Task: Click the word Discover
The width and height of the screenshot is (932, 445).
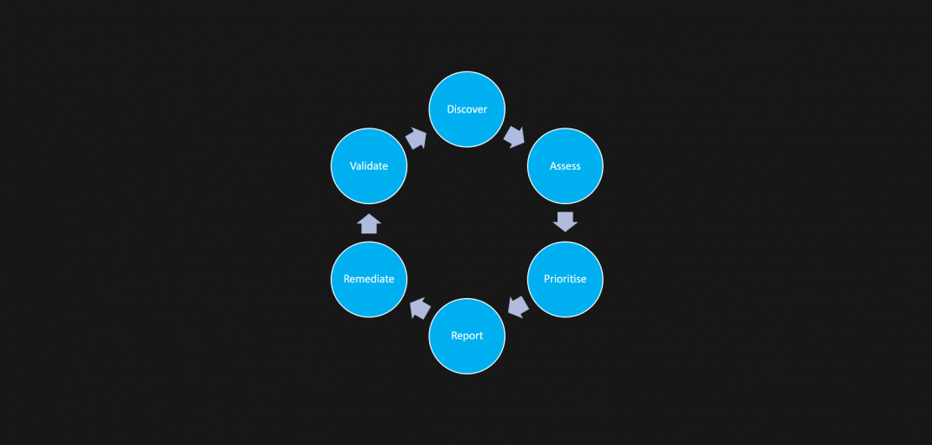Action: (x=467, y=109)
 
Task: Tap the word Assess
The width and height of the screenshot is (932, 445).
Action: (x=565, y=165)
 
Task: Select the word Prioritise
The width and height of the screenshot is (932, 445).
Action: (x=565, y=279)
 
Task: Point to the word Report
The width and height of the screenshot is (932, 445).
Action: (x=467, y=336)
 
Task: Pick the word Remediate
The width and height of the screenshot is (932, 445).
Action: (x=369, y=279)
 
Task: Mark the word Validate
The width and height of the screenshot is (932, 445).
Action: (x=369, y=165)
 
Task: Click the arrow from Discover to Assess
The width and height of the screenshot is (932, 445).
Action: (x=515, y=137)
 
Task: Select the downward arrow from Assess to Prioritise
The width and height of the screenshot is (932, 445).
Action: (x=565, y=222)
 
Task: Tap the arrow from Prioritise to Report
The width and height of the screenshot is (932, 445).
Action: (x=518, y=307)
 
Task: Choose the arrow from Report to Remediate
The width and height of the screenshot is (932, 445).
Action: (x=419, y=308)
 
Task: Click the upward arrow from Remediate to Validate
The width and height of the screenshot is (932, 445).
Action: (x=369, y=223)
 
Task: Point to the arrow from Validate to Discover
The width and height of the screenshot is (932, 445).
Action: (x=416, y=138)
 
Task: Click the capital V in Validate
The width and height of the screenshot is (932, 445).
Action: (x=353, y=165)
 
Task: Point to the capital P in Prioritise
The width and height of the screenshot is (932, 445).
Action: (x=547, y=279)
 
